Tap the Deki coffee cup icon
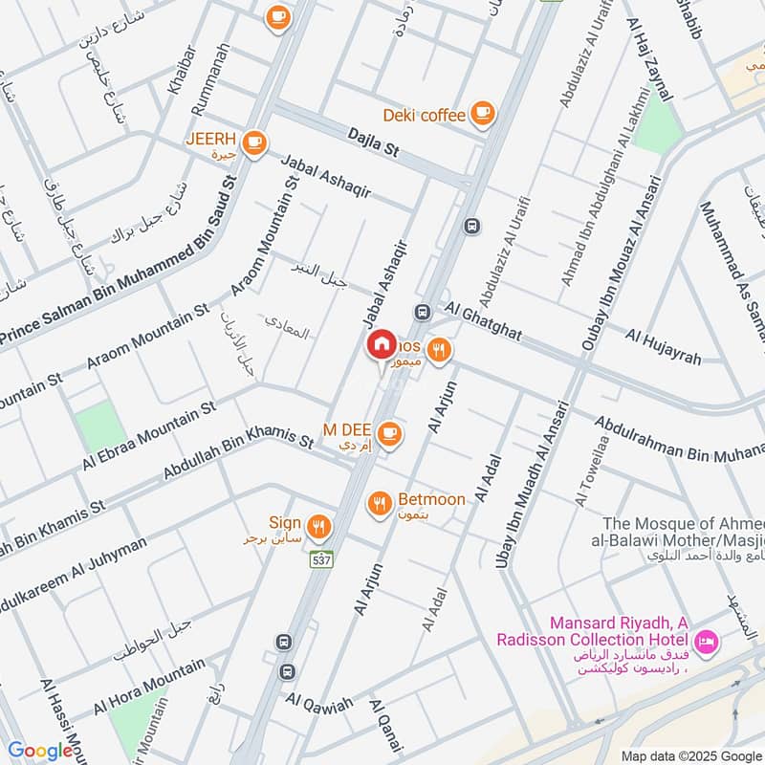pyautogui.click(x=483, y=115)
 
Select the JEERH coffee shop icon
pyautogui.click(x=253, y=142)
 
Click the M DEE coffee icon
pyautogui.click(x=388, y=434)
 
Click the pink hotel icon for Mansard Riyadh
pyautogui.click(x=707, y=639)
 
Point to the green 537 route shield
pyautogui.click(x=320, y=560)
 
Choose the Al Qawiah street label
pyautogui.click(x=318, y=701)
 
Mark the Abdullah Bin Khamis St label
pyautogui.click(x=238, y=453)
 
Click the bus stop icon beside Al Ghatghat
pyautogui.click(x=422, y=312)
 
